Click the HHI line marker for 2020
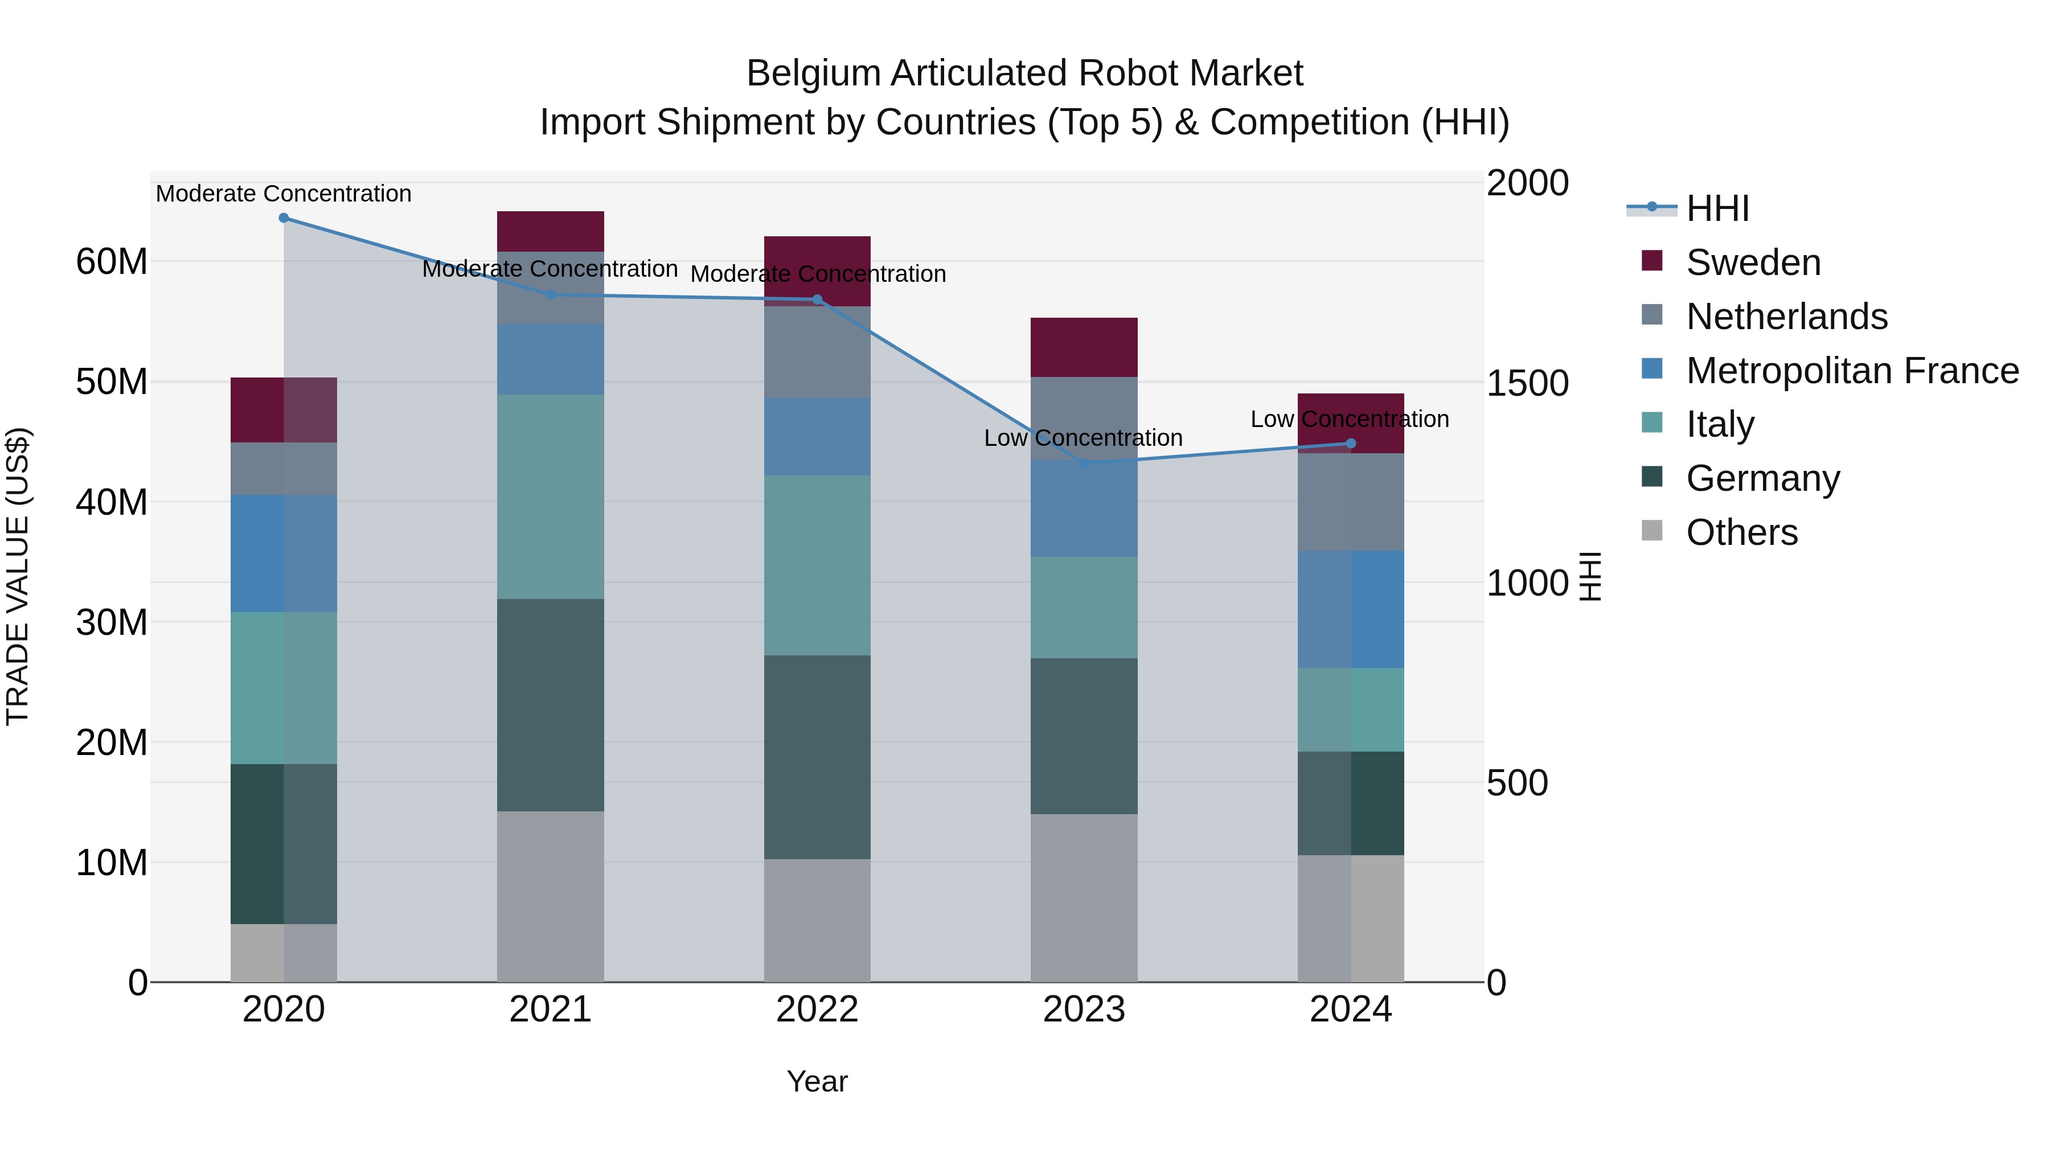click(284, 218)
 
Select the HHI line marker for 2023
click(1083, 463)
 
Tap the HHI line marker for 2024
click(1351, 444)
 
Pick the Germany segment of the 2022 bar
click(817, 757)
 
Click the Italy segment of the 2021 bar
click(550, 497)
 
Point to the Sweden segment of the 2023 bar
click(1083, 347)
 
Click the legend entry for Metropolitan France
click(1852, 371)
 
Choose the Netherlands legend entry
click(1786, 317)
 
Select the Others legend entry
click(1741, 532)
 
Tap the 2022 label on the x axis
click(817, 1010)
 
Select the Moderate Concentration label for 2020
click(284, 194)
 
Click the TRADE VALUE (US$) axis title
click(18, 576)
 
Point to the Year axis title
click(817, 1081)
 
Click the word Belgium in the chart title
click(813, 74)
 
